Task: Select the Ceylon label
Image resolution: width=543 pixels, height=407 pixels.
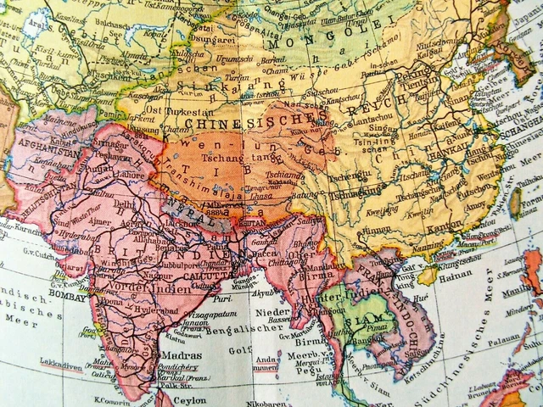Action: [x=188, y=398]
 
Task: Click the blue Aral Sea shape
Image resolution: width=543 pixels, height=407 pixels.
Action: [x=34, y=25]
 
